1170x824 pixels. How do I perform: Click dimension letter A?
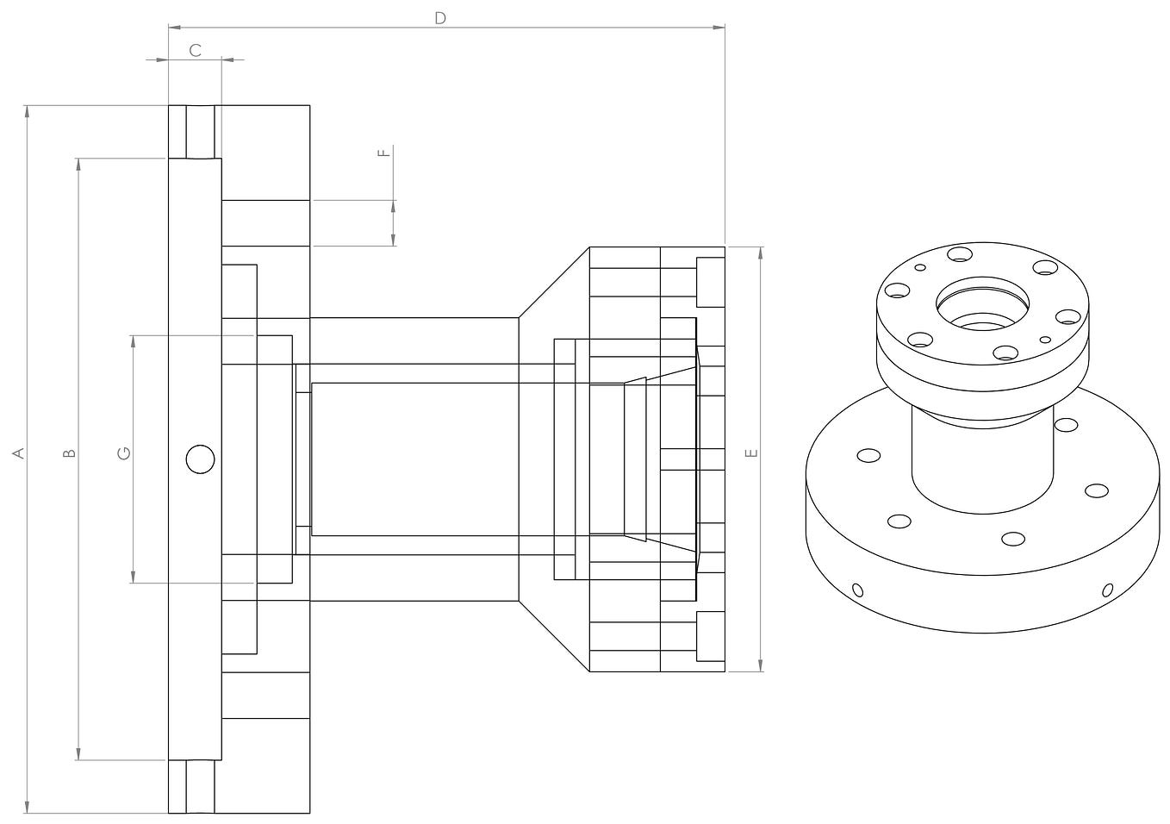click(17, 453)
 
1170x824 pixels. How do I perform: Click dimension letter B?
click(70, 453)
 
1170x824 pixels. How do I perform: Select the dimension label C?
click(195, 51)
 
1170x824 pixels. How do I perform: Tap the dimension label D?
click(440, 18)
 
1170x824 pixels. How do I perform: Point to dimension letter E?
click(751, 453)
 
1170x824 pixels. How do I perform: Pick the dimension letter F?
click(384, 153)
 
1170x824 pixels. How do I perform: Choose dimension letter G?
click(124, 453)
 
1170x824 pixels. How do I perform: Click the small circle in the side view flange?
click(200, 459)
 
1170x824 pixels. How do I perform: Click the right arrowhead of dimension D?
click(719, 28)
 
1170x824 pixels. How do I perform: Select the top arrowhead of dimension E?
click(761, 253)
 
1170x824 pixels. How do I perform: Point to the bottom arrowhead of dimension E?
click(761, 665)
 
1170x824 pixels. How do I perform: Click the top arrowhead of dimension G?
click(133, 340)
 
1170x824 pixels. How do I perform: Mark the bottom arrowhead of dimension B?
click(78, 754)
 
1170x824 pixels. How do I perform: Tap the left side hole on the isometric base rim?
click(857, 590)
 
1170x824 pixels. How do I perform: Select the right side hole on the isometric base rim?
click(1108, 590)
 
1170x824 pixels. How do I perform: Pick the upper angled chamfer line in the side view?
click(554, 283)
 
